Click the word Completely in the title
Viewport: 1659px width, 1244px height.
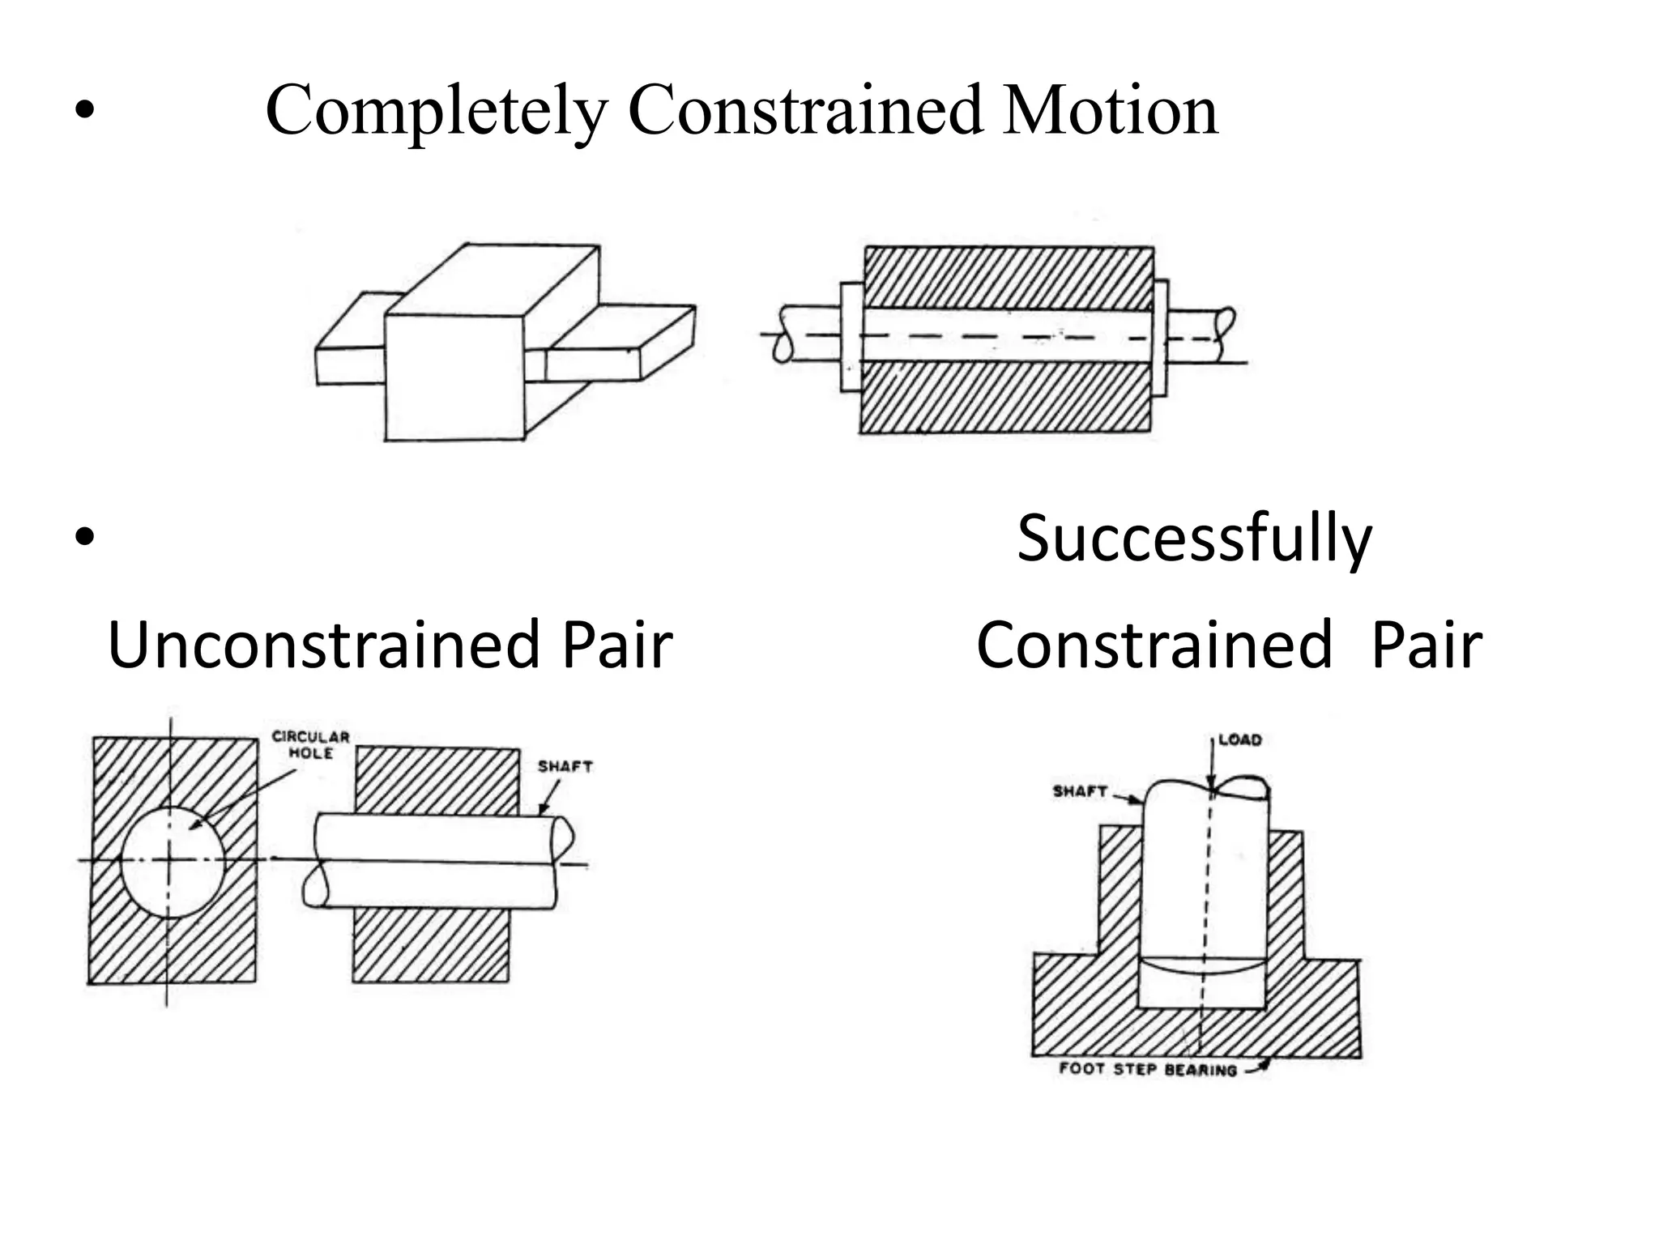tap(436, 111)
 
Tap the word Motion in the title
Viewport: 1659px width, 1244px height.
tap(1111, 111)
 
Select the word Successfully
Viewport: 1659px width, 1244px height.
tap(1194, 539)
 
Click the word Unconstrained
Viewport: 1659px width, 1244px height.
tap(324, 645)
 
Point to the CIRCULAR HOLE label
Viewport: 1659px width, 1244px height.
tap(310, 744)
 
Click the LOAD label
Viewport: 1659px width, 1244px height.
tap(1239, 739)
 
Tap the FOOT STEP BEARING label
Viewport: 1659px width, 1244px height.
tap(1148, 1069)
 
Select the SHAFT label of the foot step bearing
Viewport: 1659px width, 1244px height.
tap(1080, 790)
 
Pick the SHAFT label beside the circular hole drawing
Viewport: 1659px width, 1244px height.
tap(565, 766)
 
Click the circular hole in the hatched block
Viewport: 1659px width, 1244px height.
tap(172, 862)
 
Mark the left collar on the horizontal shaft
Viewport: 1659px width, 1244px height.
tap(851, 337)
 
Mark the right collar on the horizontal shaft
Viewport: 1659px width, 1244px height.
tap(1160, 337)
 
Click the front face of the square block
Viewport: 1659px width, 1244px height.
tap(454, 377)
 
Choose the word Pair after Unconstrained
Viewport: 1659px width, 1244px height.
tap(617, 645)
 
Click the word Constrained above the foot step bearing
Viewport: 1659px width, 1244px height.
tap(1154, 645)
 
